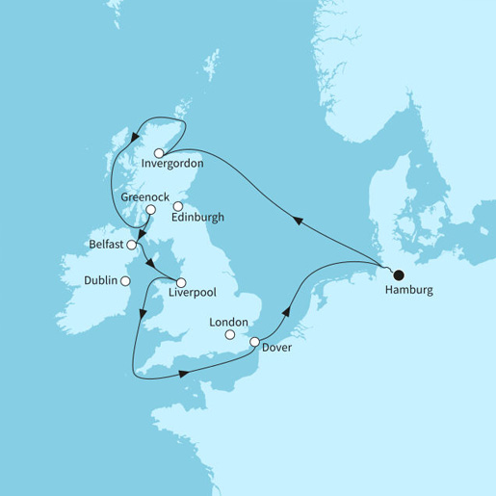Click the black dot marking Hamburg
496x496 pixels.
click(398, 274)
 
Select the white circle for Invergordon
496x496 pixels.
click(159, 151)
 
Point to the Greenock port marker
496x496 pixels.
click(150, 209)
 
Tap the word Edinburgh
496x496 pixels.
click(196, 218)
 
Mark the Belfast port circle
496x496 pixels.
click(130, 247)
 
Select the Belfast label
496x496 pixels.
click(106, 247)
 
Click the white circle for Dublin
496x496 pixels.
click(124, 280)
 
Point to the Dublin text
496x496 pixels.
click(101, 280)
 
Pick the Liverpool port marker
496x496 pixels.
click(180, 282)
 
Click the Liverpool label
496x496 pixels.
click(188, 295)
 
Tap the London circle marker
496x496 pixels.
click(230, 335)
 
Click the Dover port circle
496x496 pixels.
click(254, 342)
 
